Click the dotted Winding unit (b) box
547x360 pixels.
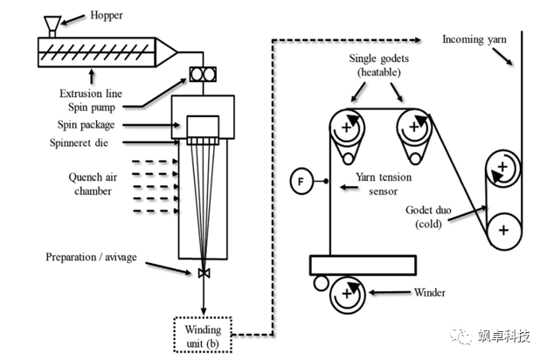(x=203, y=336)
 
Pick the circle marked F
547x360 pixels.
(x=301, y=182)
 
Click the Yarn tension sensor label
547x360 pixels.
(x=384, y=183)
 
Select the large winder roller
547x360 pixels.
(x=346, y=297)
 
